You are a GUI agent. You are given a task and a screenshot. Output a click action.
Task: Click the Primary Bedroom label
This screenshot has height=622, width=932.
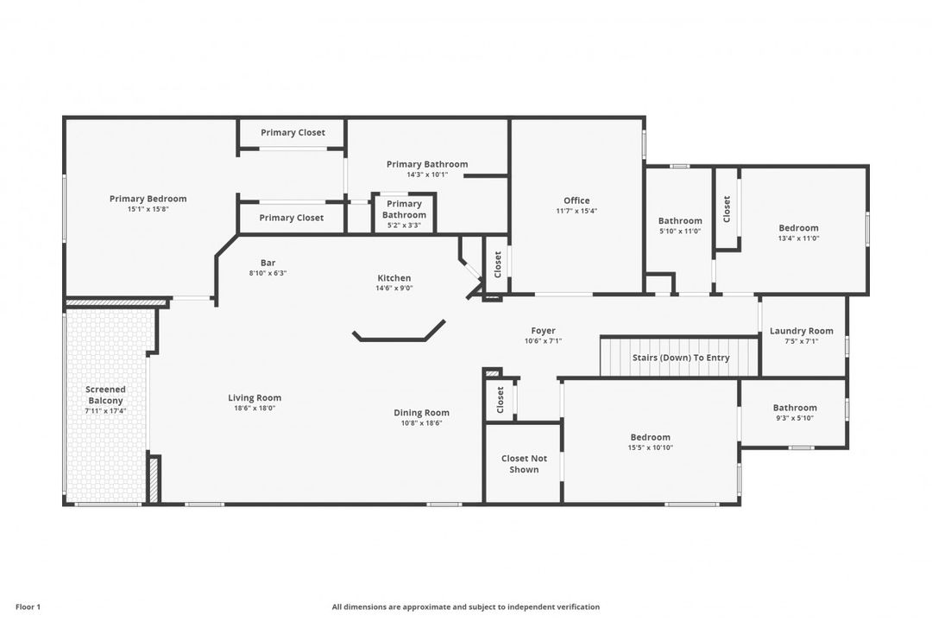coord(148,199)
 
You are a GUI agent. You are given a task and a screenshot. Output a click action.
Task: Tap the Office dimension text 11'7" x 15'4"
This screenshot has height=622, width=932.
coord(576,211)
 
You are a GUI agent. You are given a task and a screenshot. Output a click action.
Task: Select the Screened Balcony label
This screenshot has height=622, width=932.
coord(106,395)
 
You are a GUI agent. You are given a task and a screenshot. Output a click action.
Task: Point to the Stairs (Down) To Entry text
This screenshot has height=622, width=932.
coord(681,358)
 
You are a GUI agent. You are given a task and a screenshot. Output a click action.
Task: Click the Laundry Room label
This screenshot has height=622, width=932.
coord(801,331)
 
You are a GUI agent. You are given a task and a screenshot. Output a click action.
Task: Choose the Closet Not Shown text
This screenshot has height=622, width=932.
coord(524,464)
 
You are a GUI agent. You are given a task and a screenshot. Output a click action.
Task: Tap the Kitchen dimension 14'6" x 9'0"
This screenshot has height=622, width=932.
coord(394,288)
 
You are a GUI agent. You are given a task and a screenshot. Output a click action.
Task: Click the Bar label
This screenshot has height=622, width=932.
coord(268,263)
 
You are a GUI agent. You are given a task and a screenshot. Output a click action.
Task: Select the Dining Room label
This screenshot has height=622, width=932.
coord(421,412)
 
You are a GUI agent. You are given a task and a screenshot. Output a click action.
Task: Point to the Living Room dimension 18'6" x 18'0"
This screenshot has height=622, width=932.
coord(255,409)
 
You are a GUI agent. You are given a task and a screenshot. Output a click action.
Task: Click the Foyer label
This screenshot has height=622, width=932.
coord(544,330)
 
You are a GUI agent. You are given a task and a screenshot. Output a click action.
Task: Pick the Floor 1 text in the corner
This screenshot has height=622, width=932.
coord(28,607)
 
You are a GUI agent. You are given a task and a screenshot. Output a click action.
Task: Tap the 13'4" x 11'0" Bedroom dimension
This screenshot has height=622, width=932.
coord(798,238)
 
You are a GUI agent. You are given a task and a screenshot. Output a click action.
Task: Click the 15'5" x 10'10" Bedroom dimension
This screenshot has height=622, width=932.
coord(651,447)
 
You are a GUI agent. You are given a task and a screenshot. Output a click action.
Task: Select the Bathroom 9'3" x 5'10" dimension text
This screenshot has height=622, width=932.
coord(795,418)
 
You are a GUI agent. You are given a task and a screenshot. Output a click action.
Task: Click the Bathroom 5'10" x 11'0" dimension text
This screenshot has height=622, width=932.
coord(680,231)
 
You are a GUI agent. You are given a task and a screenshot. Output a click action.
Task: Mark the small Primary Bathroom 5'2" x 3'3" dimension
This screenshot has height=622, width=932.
coord(404,225)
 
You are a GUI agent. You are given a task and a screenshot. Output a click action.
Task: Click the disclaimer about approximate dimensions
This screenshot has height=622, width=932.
coord(465,607)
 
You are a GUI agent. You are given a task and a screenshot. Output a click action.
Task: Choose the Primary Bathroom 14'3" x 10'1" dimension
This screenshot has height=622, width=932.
coord(427,175)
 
